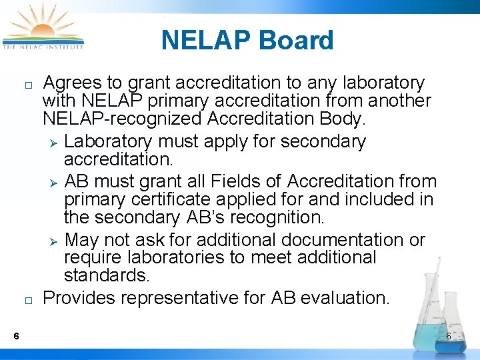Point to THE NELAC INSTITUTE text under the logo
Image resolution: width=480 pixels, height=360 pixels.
tap(43, 47)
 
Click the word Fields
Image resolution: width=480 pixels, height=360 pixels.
tap(231, 181)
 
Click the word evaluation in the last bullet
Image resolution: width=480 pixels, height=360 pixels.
tap(344, 298)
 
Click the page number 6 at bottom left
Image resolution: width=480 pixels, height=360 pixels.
tap(15, 335)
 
